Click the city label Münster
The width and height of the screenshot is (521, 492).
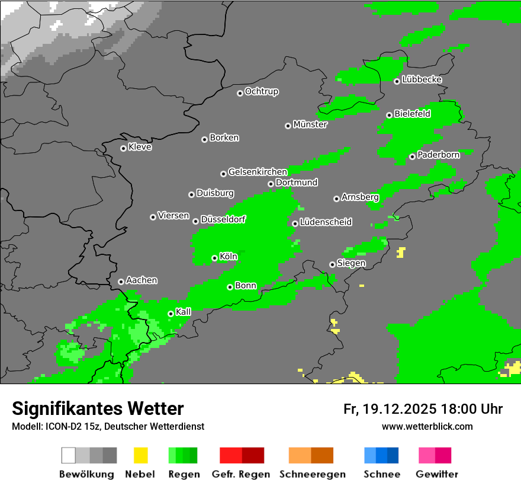310,124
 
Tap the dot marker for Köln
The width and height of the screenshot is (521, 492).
214,258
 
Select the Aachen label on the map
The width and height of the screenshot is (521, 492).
141,280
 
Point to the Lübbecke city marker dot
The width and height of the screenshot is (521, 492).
397,81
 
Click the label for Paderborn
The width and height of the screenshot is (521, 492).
438,155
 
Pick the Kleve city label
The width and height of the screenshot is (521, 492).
140,147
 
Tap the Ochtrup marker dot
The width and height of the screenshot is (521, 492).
240,92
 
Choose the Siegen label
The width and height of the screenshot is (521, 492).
351,263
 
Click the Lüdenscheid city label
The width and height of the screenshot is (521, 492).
326,222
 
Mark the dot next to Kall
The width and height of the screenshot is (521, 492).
171,314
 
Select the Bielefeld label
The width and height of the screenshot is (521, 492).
412,114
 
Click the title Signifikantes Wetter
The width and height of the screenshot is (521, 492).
98,408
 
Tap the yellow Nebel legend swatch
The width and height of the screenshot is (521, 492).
140,455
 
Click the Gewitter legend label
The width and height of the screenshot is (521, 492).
437,474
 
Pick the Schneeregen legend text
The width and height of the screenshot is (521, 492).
313,474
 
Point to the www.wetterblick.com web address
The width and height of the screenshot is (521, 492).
427,426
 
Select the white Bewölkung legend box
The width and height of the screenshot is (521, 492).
69,455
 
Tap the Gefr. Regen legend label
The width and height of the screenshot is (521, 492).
241,474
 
